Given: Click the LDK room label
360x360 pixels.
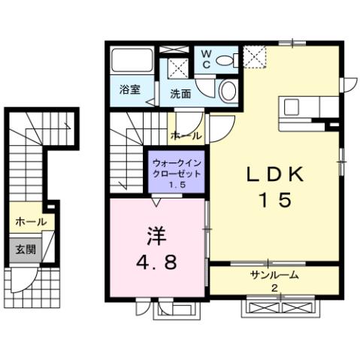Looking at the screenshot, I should [276, 174].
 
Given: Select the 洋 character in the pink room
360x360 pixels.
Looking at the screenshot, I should [156, 236].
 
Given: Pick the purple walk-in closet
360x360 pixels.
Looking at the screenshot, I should [177, 174].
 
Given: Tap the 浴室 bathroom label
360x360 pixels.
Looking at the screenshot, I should [129, 89].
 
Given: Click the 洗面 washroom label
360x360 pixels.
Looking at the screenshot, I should [180, 95].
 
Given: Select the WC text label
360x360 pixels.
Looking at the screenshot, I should [205, 60].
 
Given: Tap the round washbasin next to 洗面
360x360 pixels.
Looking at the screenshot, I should [227, 92].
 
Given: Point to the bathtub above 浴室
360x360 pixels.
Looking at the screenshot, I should [133, 62].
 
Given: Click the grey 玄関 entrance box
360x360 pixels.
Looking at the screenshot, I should [22, 249].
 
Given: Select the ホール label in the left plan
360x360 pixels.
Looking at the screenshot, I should [31, 222].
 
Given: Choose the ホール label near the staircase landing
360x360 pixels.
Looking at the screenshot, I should [186, 136].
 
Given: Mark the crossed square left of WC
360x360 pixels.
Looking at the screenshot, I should [178, 66].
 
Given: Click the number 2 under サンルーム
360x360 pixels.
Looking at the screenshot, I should [274, 289].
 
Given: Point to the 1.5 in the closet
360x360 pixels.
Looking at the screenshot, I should [177, 185].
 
